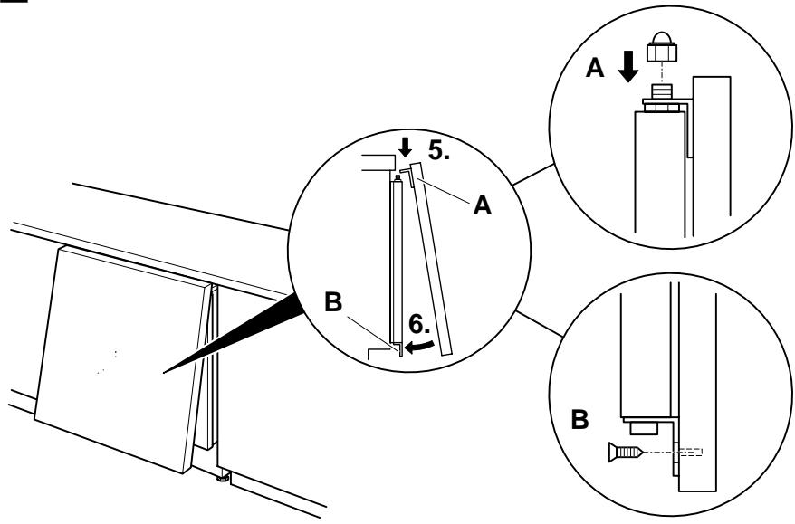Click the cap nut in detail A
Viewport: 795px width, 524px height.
click(661, 47)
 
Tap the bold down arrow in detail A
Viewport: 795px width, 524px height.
click(628, 66)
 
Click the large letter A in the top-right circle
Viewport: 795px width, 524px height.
click(595, 68)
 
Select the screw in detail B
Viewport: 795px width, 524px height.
click(626, 452)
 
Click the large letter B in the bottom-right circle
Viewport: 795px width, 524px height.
click(580, 420)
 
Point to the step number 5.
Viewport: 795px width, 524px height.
click(439, 150)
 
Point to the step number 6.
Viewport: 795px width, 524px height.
click(419, 324)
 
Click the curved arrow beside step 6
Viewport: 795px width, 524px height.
click(419, 348)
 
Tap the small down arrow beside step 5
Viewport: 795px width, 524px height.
click(405, 148)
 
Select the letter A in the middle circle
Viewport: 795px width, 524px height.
click(483, 206)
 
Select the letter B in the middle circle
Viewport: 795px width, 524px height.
click(333, 302)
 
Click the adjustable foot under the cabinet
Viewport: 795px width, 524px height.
click(223, 477)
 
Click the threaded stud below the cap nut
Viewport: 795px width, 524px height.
click(661, 92)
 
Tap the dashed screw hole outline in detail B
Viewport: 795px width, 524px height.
click(691, 452)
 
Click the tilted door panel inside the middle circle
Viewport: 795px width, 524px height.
click(431, 259)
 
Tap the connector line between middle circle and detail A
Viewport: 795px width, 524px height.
click(532, 175)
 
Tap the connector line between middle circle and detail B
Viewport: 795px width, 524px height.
click(540, 323)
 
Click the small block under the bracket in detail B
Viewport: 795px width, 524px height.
click(644, 429)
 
